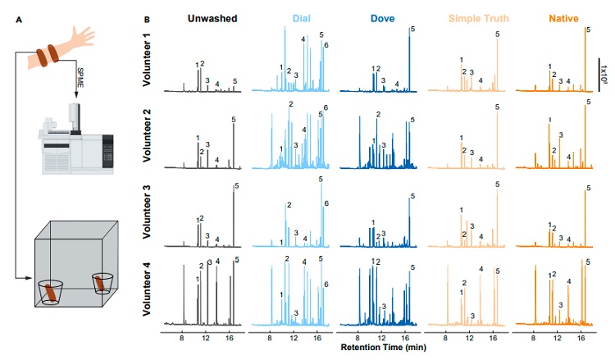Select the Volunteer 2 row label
tap(149, 136)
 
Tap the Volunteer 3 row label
tap(149, 212)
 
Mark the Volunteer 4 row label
tap(149, 289)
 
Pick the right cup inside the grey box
tap(102, 284)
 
